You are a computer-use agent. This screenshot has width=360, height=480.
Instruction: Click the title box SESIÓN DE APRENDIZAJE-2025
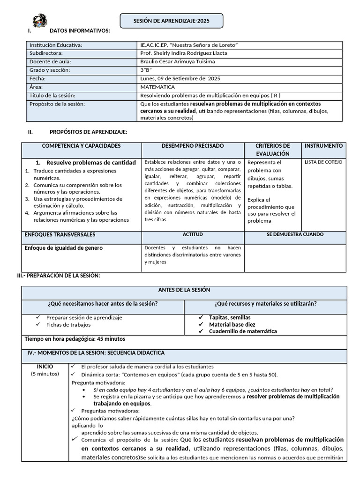click(172, 21)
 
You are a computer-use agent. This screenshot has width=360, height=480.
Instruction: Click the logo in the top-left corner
click(39, 21)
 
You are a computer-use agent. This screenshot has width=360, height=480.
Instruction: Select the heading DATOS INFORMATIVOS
click(80, 31)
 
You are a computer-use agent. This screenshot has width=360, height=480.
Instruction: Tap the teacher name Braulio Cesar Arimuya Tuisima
click(178, 62)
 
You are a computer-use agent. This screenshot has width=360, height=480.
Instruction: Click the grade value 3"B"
click(146, 70)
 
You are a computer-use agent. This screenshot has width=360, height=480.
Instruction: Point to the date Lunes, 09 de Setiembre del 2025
click(180, 79)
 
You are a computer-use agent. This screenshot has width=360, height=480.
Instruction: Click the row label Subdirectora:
click(49, 53)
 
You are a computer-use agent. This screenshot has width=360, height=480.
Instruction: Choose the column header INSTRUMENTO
click(323, 146)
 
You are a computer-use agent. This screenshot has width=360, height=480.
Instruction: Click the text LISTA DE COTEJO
click(323, 162)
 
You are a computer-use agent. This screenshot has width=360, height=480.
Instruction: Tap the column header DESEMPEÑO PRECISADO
click(193, 146)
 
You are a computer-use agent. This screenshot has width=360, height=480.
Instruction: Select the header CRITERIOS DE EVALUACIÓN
click(273, 150)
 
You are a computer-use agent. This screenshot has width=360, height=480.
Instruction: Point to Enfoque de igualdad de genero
click(64, 248)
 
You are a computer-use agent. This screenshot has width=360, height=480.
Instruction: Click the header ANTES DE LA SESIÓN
click(184, 290)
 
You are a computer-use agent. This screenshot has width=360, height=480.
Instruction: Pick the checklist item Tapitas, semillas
click(230, 317)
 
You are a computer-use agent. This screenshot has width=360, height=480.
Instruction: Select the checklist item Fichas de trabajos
click(68, 324)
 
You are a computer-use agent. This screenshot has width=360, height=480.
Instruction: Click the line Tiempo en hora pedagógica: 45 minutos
click(75, 339)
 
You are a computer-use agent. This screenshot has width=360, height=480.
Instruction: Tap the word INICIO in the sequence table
click(45, 367)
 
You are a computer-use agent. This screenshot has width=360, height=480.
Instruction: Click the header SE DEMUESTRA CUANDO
click(295, 234)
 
